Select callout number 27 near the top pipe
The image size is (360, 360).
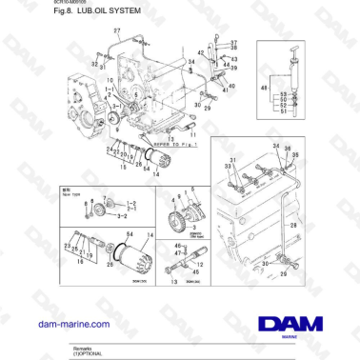click(x=117, y=31)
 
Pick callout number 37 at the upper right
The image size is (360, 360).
click(x=234, y=43)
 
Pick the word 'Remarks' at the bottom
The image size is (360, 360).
click(x=84, y=349)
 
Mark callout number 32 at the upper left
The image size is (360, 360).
click(x=95, y=59)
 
